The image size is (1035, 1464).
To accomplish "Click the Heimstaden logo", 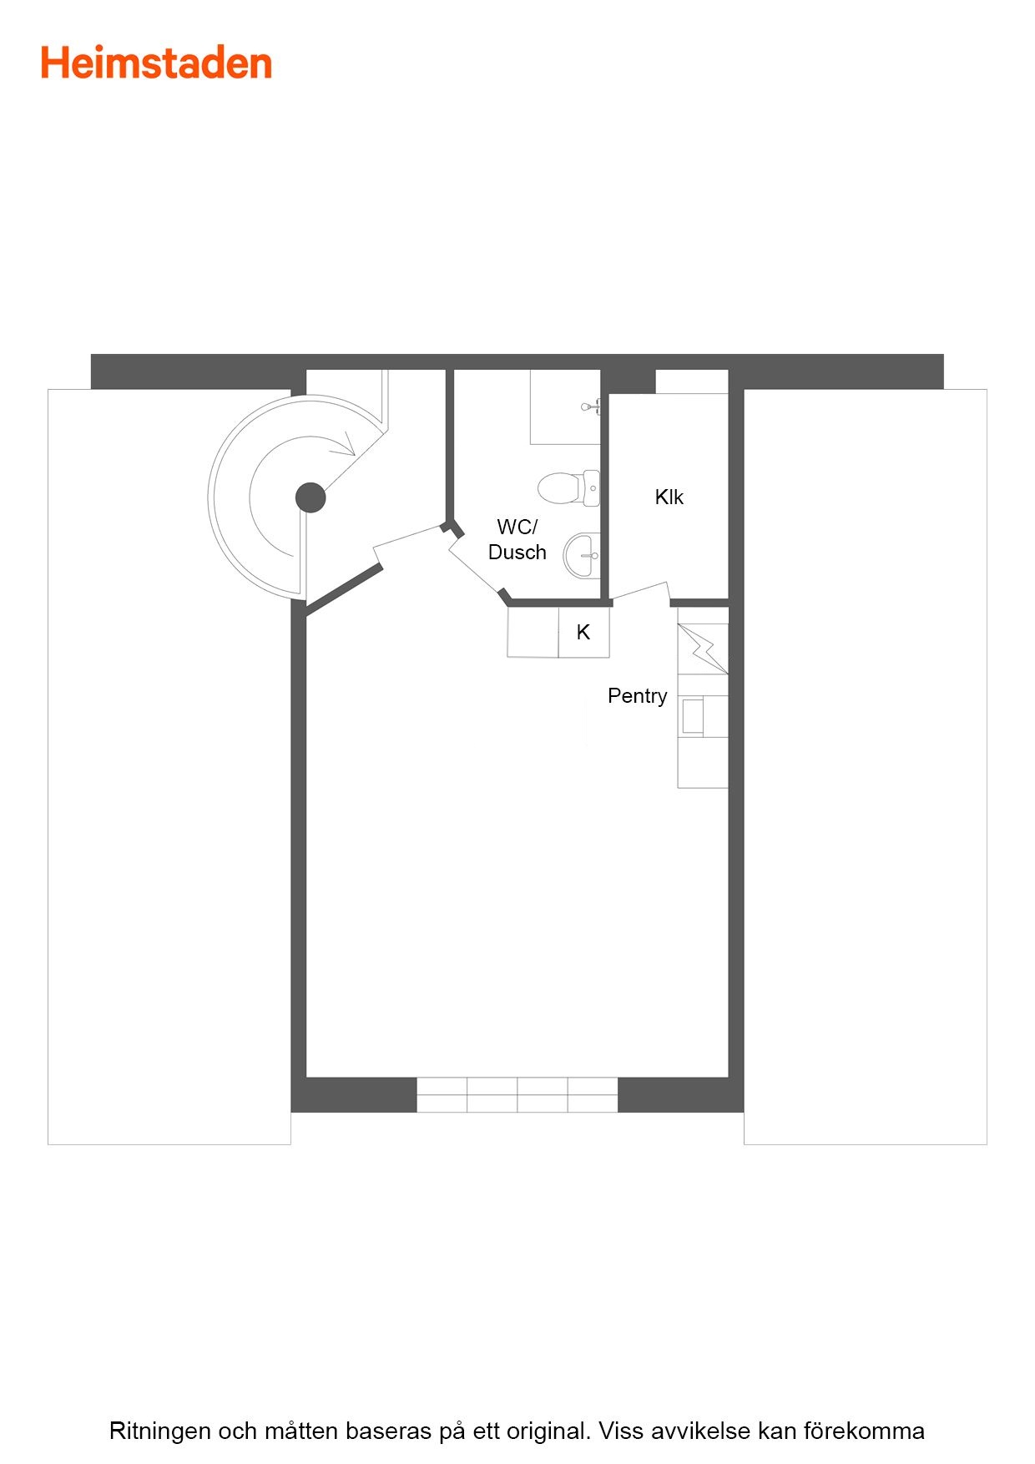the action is tap(157, 63).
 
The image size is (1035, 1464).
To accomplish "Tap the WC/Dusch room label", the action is tap(517, 539).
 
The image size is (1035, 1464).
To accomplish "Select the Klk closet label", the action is tap(669, 497).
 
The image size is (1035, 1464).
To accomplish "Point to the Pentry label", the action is tap(638, 696).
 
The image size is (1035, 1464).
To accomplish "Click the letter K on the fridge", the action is tap(583, 633).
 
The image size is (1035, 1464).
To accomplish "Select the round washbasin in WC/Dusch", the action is tap(582, 555).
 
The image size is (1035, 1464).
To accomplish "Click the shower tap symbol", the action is tap(591, 407).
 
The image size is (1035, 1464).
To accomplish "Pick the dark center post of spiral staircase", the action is tap(310, 497).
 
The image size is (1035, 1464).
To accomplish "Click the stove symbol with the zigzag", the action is tap(703, 649).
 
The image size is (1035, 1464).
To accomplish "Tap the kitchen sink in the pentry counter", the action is tap(692, 716).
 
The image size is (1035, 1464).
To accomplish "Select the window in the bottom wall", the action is tap(517, 1094).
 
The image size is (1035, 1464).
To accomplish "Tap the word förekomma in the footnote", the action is tap(864, 1431).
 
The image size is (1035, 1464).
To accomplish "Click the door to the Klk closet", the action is tap(642, 593).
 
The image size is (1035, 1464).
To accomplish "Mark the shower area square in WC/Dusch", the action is tap(565, 407).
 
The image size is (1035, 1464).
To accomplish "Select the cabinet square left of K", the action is tap(533, 632).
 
